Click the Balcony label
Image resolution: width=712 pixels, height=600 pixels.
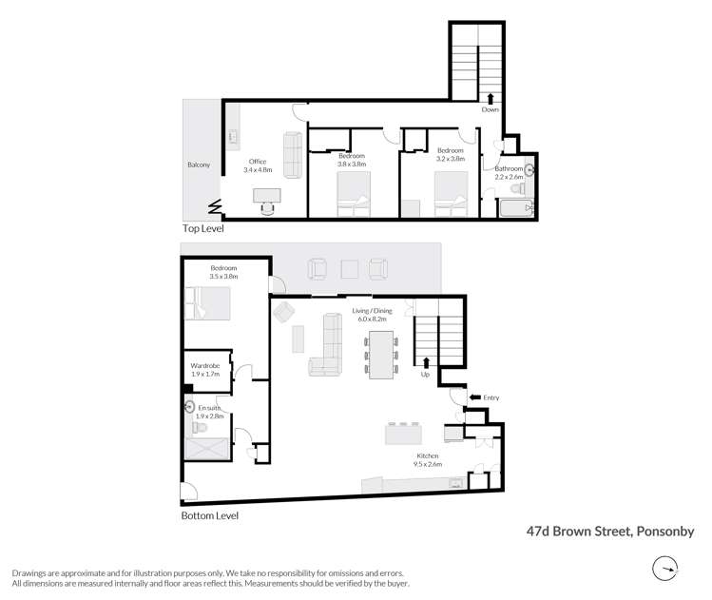click(200, 165)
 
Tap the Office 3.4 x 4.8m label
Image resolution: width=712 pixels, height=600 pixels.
click(257, 166)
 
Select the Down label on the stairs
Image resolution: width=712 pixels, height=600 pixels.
click(490, 109)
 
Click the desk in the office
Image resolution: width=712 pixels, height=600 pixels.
click(267, 195)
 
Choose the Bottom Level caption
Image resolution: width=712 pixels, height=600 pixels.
click(209, 516)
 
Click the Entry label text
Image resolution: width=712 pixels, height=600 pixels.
click(491, 397)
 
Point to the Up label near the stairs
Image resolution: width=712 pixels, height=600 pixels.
click(427, 374)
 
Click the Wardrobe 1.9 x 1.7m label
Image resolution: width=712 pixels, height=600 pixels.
click(205, 370)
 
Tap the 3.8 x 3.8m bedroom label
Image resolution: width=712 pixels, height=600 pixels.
click(352, 157)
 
